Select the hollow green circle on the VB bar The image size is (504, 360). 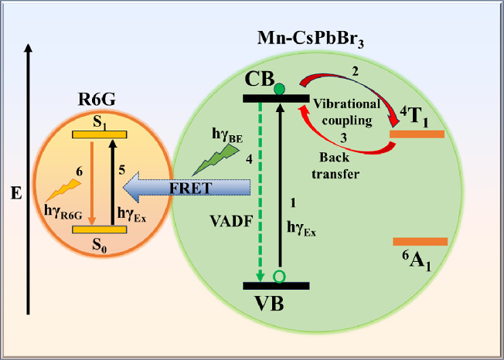click(x=280, y=277)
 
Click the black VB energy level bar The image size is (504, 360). click(x=277, y=286)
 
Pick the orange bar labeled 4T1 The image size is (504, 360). click(x=417, y=134)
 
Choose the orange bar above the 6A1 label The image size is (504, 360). click(x=420, y=242)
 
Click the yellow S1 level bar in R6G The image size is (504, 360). click(x=98, y=134)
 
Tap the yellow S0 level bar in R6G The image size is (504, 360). click(x=98, y=229)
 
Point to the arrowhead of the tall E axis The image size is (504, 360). click(x=29, y=48)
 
